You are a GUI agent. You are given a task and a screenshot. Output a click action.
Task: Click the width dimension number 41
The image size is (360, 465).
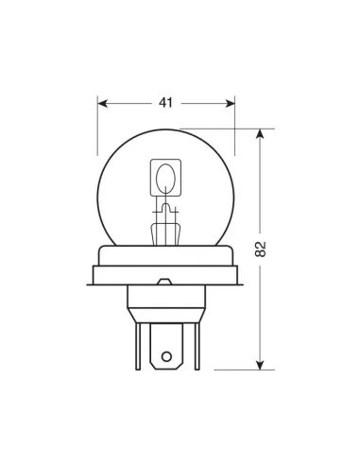click(x=165, y=101)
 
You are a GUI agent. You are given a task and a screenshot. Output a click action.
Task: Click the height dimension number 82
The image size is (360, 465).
click(x=262, y=250)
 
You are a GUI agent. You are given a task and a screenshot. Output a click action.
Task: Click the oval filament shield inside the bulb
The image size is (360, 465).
click(x=165, y=178)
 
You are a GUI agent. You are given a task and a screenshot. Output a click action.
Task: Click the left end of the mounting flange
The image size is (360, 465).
click(x=94, y=276)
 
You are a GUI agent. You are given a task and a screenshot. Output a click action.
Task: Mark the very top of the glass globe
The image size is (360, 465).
click(x=165, y=130)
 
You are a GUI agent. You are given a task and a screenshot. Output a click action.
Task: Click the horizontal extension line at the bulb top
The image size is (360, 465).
click(x=227, y=129)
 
